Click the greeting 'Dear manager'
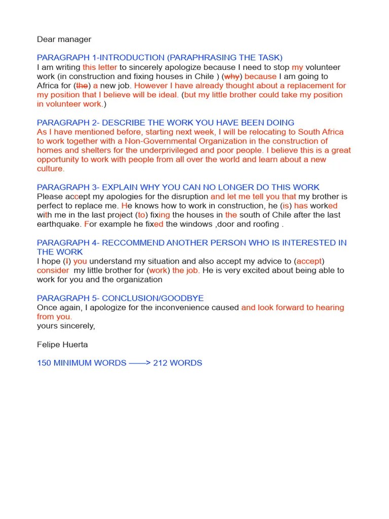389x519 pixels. pyautogui.click(x=64, y=39)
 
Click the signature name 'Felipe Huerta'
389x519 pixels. pyautogui.click(x=62, y=345)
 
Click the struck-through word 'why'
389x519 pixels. pyautogui.click(x=231, y=77)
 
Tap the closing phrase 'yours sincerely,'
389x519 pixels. pyautogui.click(x=66, y=326)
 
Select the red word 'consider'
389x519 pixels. pyautogui.click(x=53, y=270)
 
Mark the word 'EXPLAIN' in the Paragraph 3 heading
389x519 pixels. pyautogui.click(x=122, y=188)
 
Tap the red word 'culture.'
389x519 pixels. pyautogui.click(x=51, y=169)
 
